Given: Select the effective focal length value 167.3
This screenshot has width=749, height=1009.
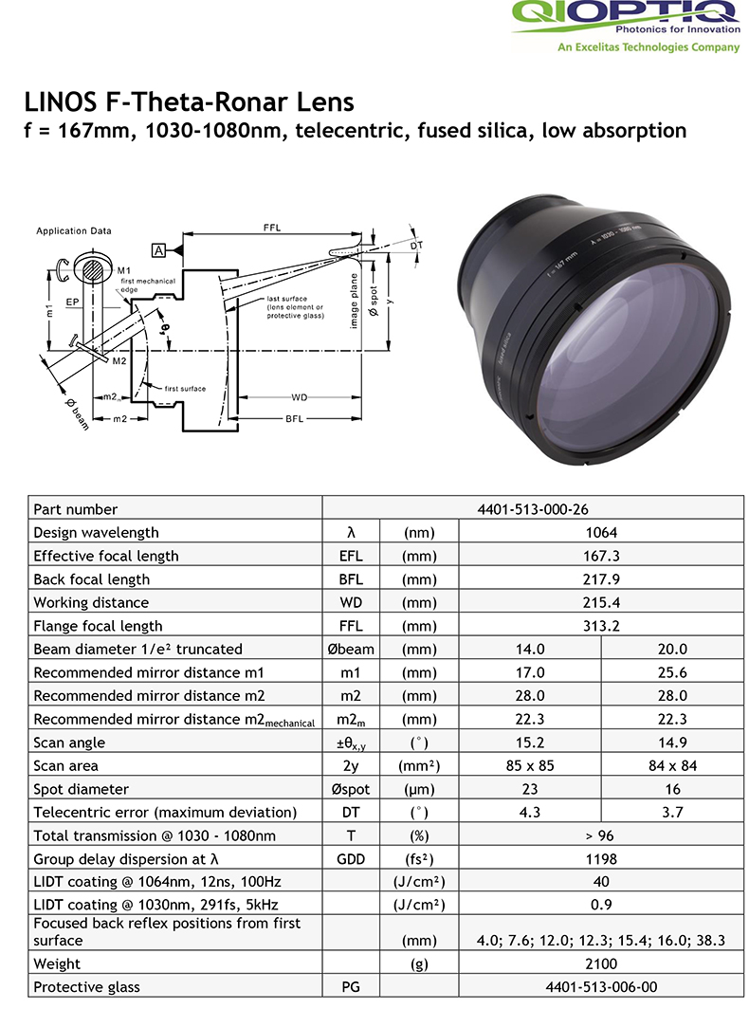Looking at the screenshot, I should point(601,556).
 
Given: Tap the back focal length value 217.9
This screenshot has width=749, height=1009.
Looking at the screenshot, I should point(601,579).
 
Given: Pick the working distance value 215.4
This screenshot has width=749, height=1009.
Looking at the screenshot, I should point(601,602).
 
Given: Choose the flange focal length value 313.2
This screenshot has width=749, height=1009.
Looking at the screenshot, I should point(601,626).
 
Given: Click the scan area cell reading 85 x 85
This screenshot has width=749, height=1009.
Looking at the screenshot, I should point(529,765).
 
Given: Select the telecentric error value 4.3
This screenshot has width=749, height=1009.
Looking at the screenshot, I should point(529,812).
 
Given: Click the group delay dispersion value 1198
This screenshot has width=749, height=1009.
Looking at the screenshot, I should point(601,859).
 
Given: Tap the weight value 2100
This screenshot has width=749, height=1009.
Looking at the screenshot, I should point(601,963).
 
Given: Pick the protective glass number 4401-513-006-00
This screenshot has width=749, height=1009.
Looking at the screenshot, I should point(601,987).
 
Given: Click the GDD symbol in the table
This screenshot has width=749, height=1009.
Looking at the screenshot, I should point(351,859).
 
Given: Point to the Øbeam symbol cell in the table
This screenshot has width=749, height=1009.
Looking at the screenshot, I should point(351,649).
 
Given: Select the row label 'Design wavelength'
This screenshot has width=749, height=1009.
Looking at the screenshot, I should point(96,533).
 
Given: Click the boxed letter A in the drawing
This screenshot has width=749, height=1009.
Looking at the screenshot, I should point(157,250).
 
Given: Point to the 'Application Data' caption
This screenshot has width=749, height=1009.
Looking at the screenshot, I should point(74,231).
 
